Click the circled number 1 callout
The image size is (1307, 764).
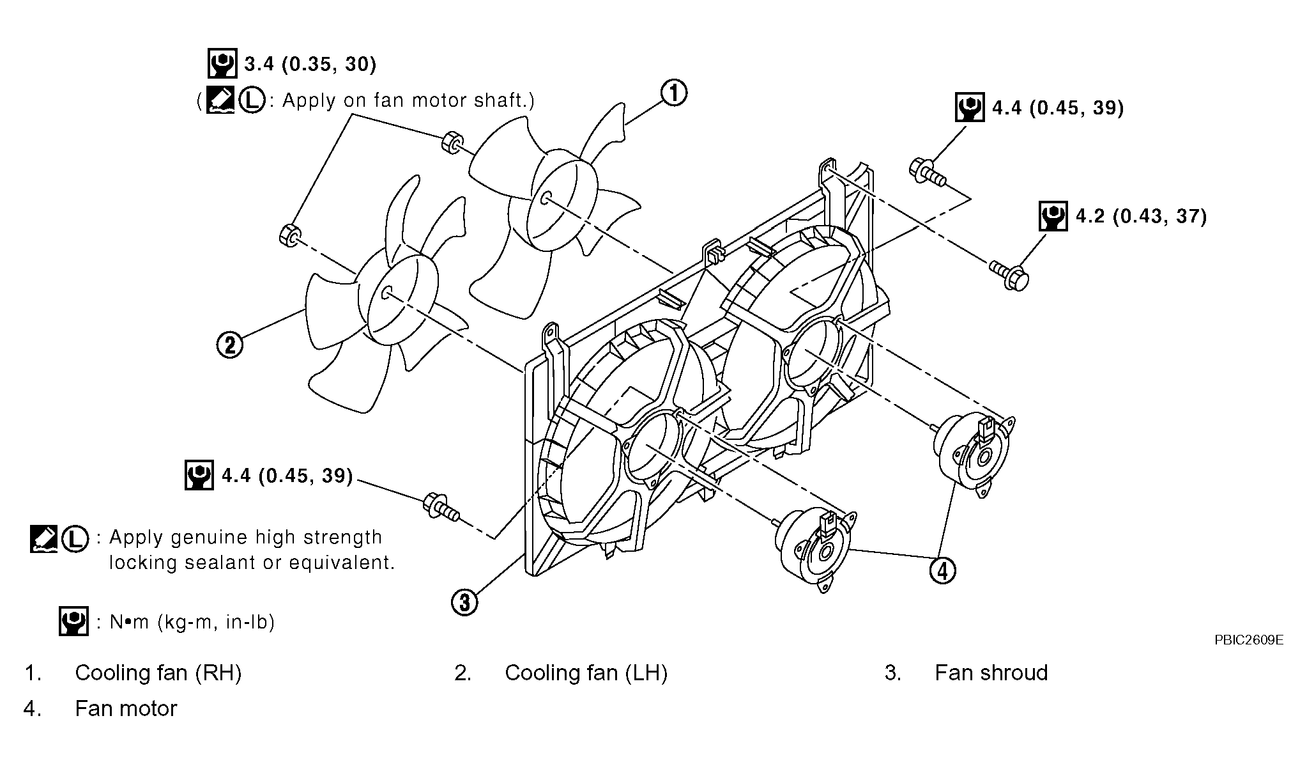[x=673, y=93]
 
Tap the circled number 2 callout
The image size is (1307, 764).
[x=230, y=345]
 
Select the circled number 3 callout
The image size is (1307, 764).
[x=464, y=602]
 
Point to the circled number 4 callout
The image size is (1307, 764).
[x=943, y=570]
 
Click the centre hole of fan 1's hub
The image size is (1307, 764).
[x=544, y=198]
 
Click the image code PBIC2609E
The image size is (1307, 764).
[x=1249, y=640]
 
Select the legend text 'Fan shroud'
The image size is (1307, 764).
[x=991, y=673]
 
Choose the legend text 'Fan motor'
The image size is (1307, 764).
[x=126, y=708]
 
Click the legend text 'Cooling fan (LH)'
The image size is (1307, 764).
[x=586, y=673]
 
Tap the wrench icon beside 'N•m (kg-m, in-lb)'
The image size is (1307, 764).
[x=73, y=621]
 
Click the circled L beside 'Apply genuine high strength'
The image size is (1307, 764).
[x=75, y=539]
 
